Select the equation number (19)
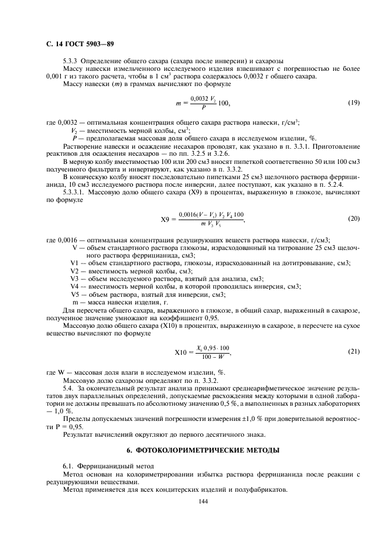[353, 103]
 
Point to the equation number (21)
[353, 352]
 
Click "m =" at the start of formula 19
[180, 104]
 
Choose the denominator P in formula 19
[203, 108]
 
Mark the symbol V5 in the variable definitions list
[74, 294]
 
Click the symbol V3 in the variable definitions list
[74, 279]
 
